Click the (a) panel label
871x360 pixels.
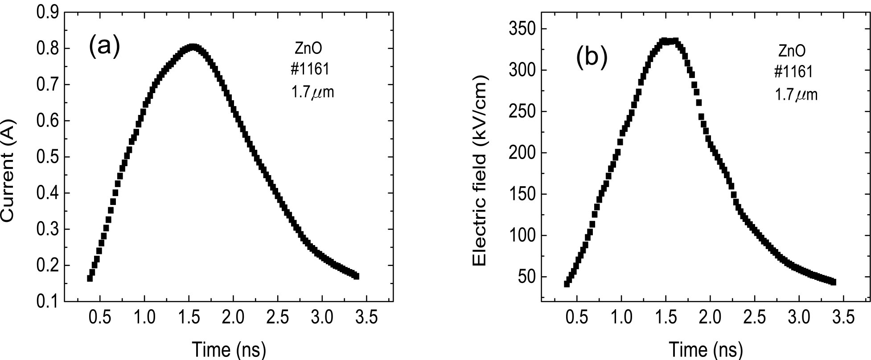(104, 46)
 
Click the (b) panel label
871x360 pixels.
(592, 58)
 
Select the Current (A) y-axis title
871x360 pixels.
(9, 171)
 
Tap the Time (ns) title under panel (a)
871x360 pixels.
(229, 349)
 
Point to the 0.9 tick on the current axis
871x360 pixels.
(47, 12)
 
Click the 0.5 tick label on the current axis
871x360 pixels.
(47, 157)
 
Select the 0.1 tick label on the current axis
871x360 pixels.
(47, 302)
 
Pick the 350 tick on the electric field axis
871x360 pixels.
(522, 29)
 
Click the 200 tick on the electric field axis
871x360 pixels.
(522, 153)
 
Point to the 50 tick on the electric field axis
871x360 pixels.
(527, 277)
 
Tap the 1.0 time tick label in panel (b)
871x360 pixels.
(621, 317)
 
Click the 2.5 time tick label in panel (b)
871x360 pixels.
(754, 317)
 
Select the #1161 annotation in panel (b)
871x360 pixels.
(793, 72)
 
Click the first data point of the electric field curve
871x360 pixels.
(567, 284)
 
